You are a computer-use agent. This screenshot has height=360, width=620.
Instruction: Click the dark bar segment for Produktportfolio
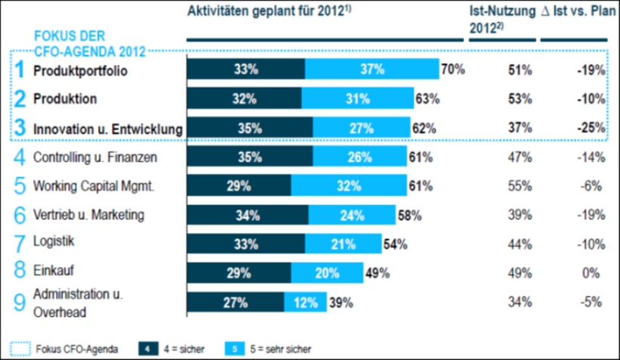click(246, 70)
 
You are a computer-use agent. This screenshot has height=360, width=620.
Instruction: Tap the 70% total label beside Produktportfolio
click(453, 70)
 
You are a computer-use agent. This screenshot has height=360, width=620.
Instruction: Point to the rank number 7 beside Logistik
click(20, 244)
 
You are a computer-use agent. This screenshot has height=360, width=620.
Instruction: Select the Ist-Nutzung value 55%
click(520, 186)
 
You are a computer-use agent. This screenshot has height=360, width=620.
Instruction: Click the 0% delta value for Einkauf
click(592, 272)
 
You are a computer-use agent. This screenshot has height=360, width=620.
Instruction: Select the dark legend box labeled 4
click(148, 349)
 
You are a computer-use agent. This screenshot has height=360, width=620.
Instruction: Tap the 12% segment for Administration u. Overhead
click(305, 303)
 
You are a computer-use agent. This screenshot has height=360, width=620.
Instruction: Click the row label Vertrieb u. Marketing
click(88, 215)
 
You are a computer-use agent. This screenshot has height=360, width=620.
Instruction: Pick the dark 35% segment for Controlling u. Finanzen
click(249, 157)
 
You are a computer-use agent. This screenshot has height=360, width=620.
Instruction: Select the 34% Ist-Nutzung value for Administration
click(520, 303)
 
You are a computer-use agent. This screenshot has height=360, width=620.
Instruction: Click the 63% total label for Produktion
click(427, 99)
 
